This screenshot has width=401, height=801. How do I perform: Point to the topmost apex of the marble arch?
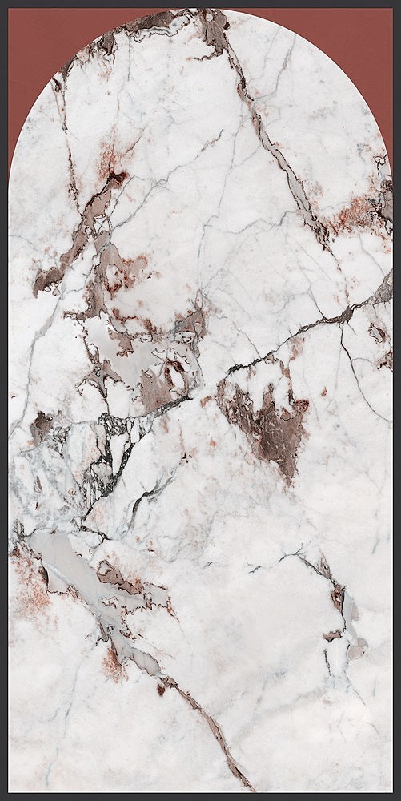[x=200, y=10]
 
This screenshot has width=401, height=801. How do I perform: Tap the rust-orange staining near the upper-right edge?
[x=360, y=212]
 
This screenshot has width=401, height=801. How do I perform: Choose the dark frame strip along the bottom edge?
[x=200, y=795]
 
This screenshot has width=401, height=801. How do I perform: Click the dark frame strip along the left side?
[x=4, y=400]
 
